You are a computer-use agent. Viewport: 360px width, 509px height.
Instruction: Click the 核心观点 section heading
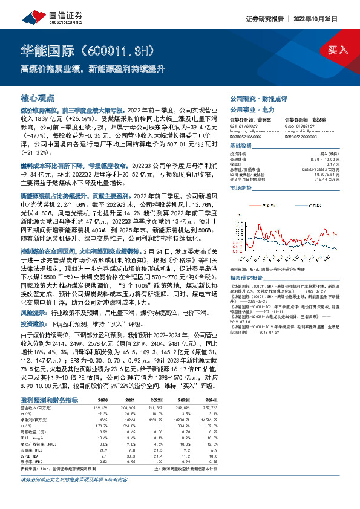coord(38,97)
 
